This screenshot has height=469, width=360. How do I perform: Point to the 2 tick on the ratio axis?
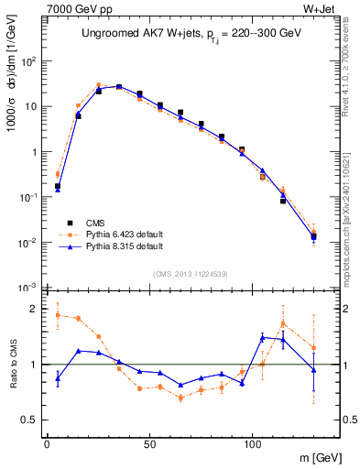point(33,309)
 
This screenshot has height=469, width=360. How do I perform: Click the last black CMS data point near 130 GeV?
point(314,236)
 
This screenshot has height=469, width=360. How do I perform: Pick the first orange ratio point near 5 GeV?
point(58,315)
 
